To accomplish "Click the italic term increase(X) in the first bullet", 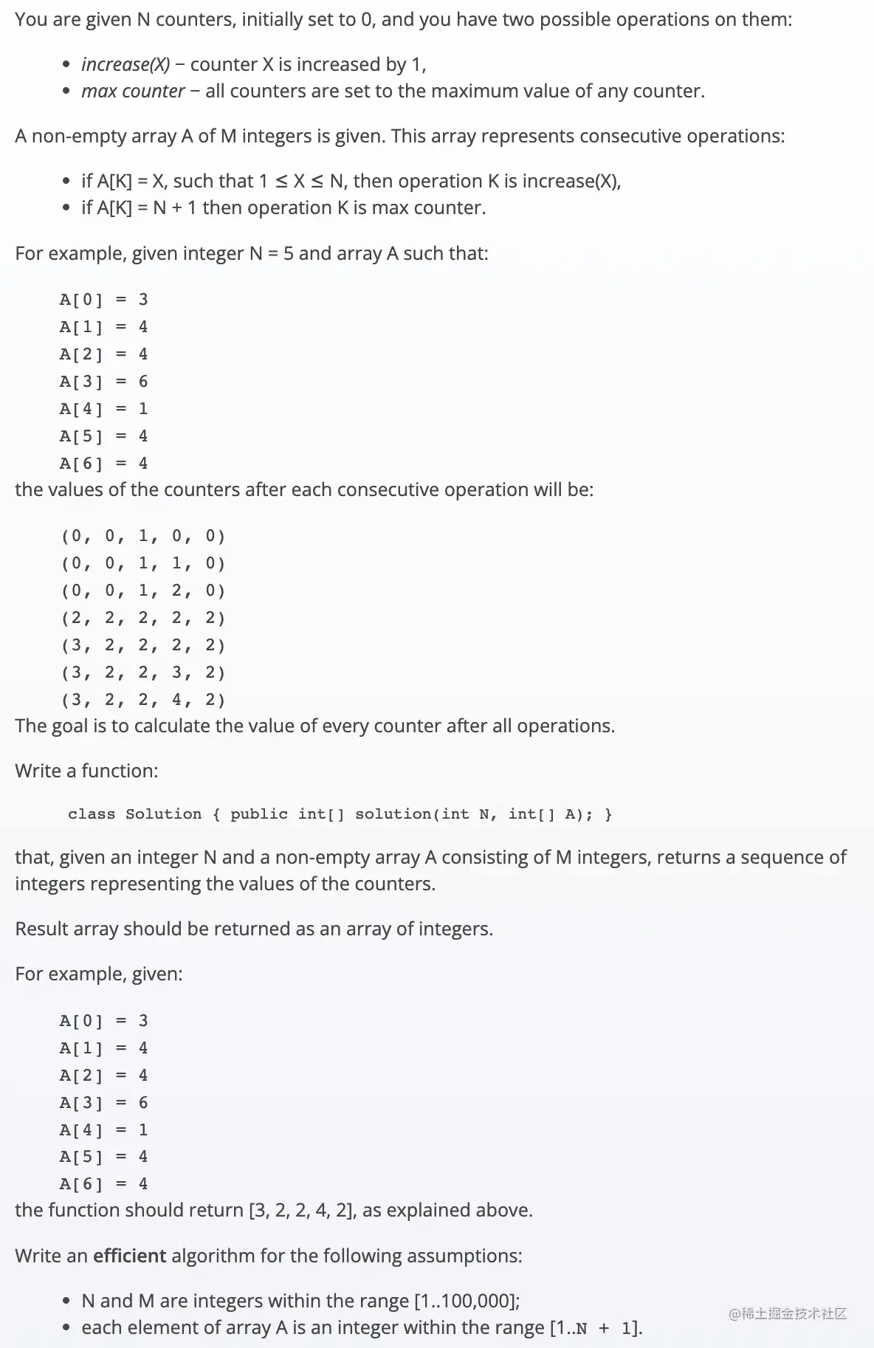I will [x=125, y=65].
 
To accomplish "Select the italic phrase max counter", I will [x=133, y=92].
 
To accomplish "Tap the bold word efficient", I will [x=130, y=1256].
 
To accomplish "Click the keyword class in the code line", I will [x=92, y=814].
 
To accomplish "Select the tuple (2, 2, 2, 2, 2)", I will [x=142, y=618].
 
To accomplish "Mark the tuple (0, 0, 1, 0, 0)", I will [x=142, y=536].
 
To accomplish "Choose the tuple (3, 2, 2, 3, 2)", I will [x=142, y=673].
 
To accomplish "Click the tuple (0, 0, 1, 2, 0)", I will [x=142, y=591].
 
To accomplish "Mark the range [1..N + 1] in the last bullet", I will [x=596, y=1328].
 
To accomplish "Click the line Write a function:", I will [x=86, y=771].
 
